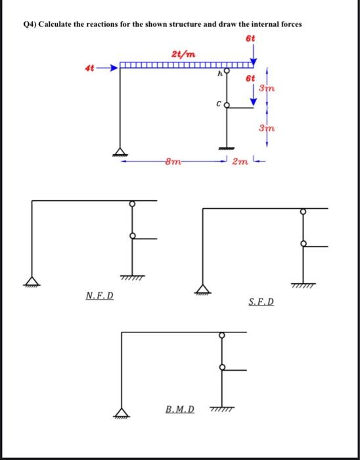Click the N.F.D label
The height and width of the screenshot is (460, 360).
coord(99,296)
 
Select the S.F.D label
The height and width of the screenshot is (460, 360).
coord(262,303)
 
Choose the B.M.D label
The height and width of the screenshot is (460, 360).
coord(180,409)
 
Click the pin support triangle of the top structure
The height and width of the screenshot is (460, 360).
coord(119,151)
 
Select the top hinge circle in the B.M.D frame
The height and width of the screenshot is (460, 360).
coord(222,336)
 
